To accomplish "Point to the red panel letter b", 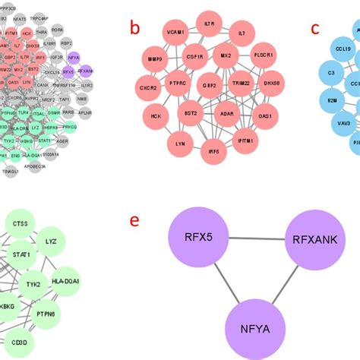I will point(134,29).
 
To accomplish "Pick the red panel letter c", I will point(317,29).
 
